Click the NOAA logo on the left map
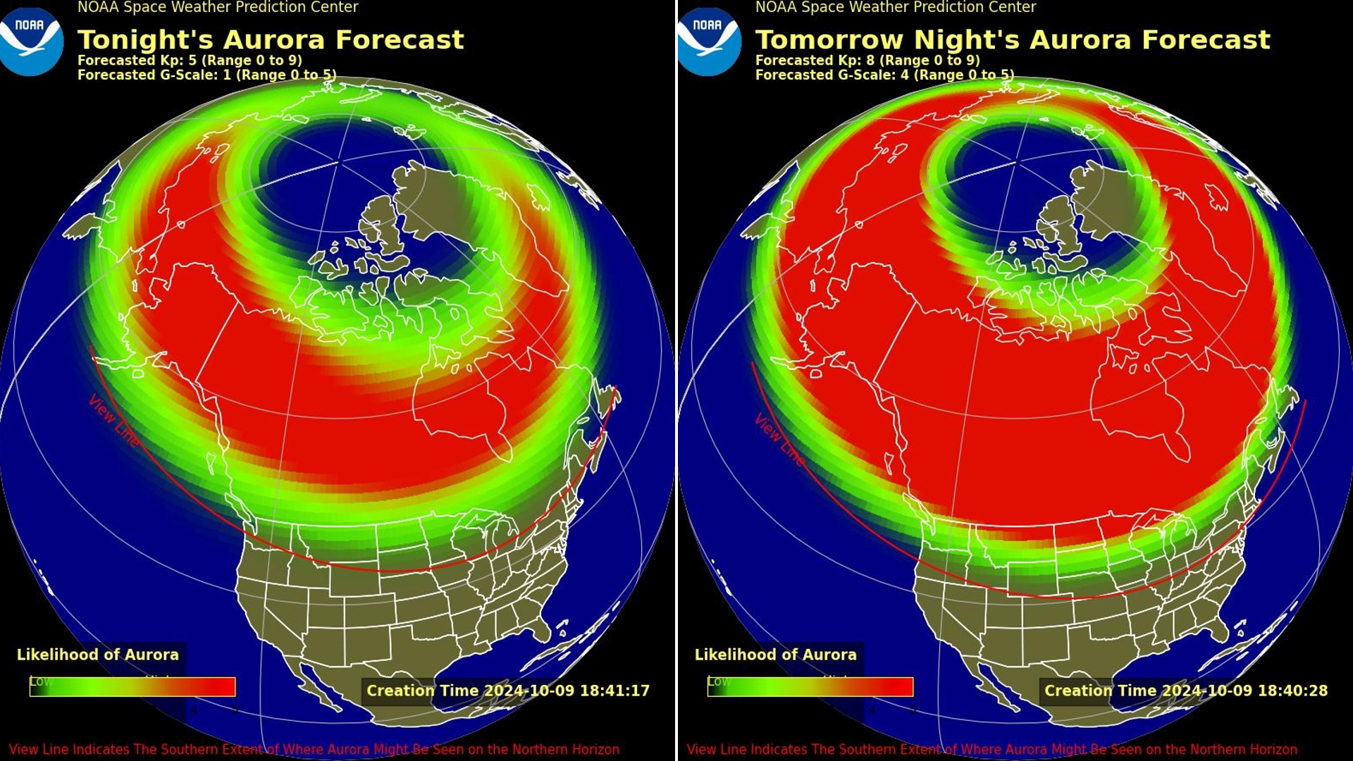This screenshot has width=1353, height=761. [31, 41]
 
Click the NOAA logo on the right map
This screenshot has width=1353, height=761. [709, 41]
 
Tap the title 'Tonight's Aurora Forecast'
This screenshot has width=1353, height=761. [271, 39]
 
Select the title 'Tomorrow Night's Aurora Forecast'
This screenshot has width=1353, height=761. [1013, 39]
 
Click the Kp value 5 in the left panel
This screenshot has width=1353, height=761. [192, 61]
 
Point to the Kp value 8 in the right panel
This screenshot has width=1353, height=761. [870, 61]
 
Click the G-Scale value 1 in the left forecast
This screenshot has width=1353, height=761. [227, 75]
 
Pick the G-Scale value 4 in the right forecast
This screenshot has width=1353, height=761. [905, 75]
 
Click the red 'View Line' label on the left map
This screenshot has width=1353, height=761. [113, 420]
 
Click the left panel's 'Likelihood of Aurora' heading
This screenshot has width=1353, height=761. [98, 655]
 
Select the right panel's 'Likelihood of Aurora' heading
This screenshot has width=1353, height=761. [776, 655]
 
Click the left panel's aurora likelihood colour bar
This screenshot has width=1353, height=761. [132, 687]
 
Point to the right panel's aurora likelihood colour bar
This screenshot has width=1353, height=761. [810, 687]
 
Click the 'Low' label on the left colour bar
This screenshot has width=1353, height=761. [41, 681]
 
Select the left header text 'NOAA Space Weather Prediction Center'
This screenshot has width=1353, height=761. [218, 8]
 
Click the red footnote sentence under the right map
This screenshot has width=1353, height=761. [991, 750]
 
